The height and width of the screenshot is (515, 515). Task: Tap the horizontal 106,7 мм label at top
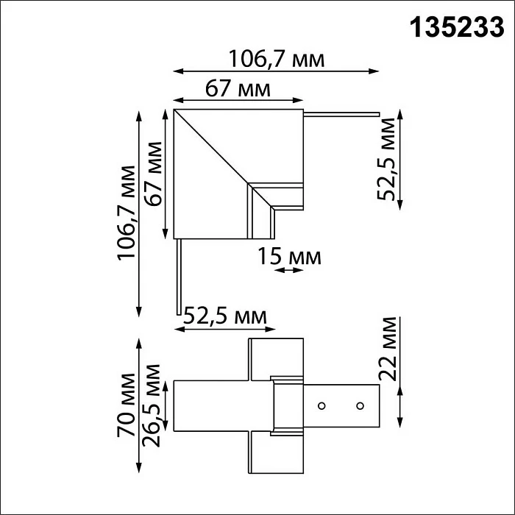pyautogui.click(x=276, y=59)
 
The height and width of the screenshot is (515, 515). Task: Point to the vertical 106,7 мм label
pyautogui.click(x=127, y=213)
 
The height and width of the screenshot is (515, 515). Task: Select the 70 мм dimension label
pyautogui.click(x=127, y=407)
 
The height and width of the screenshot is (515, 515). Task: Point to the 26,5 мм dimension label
pyautogui.click(x=154, y=405)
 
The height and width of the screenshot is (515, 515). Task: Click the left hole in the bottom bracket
pyautogui.click(x=322, y=405)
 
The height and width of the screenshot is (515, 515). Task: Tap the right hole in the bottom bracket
pyautogui.click(x=360, y=405)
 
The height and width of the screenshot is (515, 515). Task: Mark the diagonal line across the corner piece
pyautogui.click(x=213, y=147)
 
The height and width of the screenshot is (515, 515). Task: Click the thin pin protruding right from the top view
pyautogui.click(x=342, y=114)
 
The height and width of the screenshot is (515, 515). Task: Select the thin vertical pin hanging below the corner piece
pyautogui.click(x=178, y=276)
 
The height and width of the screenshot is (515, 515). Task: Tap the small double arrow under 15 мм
pyautogui.click(x=288, y=271)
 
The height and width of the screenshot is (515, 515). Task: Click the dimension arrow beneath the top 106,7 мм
pyautogui.click(x=276, y=72)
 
